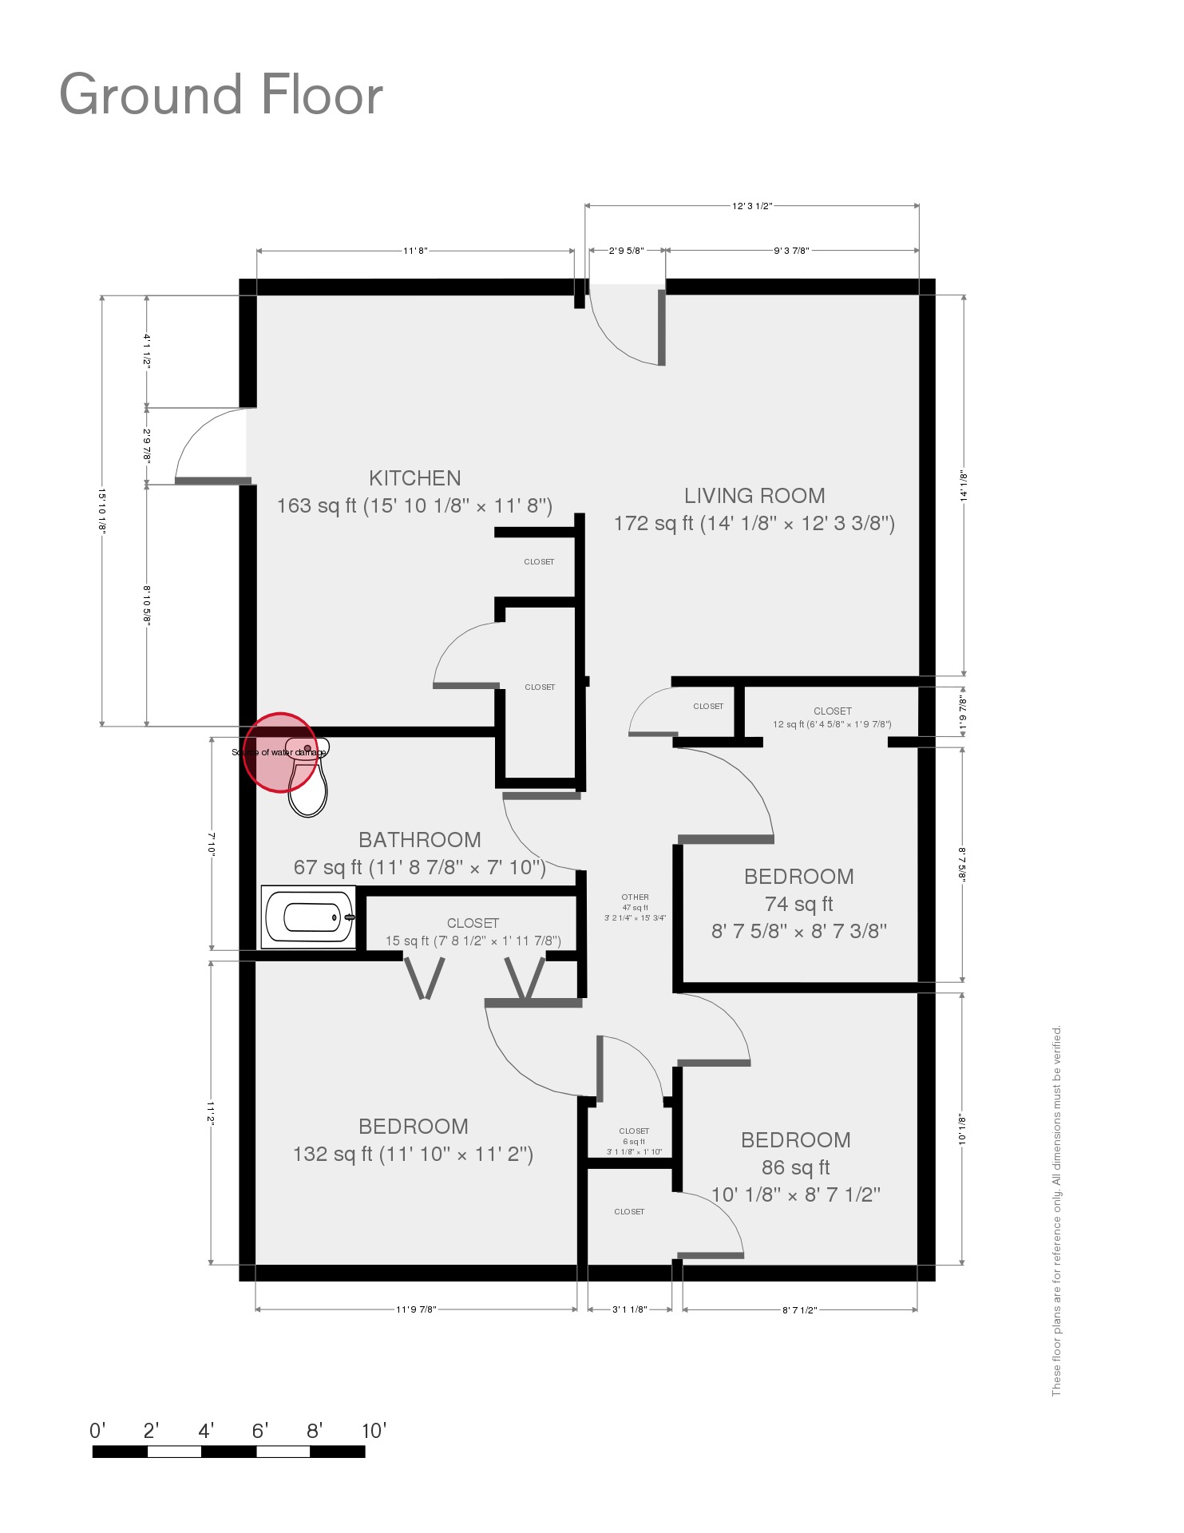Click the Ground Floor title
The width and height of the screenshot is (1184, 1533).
[221, 95]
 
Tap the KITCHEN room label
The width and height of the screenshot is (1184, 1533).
[414, 478]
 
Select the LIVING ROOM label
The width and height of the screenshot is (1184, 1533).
[754, 496]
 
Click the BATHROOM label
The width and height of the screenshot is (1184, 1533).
[419, 840]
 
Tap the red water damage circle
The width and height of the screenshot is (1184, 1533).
[279, 752]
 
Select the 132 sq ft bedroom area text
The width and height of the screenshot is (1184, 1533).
[413, 1154]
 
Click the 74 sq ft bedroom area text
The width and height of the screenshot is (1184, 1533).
[798, 904]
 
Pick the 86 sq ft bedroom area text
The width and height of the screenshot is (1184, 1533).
[795, 1167]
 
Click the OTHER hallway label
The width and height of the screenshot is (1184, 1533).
[635, 897]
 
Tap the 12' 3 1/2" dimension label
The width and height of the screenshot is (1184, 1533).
[752, 206]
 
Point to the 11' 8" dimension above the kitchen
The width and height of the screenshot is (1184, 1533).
[415, 251]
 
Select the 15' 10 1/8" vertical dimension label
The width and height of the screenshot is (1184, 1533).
[102, 510]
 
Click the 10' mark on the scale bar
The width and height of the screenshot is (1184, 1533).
[374, 1431]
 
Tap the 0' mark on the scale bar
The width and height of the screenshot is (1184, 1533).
[97, 1431]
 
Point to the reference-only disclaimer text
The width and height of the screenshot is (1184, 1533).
[1056, 1210]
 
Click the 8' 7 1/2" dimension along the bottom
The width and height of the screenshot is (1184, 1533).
[799, 1309]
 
